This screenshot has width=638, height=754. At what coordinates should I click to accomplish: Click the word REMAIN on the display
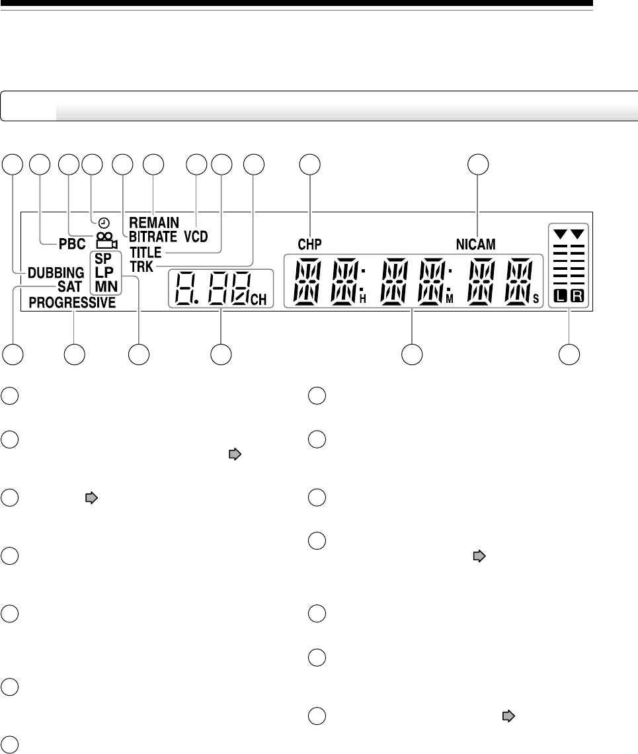click(154, 223)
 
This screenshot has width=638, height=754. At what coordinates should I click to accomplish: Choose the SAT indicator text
click(69, 286)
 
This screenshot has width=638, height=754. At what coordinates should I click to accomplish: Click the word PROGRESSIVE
click(72, 303)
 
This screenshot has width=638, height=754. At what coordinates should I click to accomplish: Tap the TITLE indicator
click(146, 252)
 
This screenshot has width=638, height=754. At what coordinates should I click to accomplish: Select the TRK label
click(141, 265)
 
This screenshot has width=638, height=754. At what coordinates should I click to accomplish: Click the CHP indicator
click(309, 244)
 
